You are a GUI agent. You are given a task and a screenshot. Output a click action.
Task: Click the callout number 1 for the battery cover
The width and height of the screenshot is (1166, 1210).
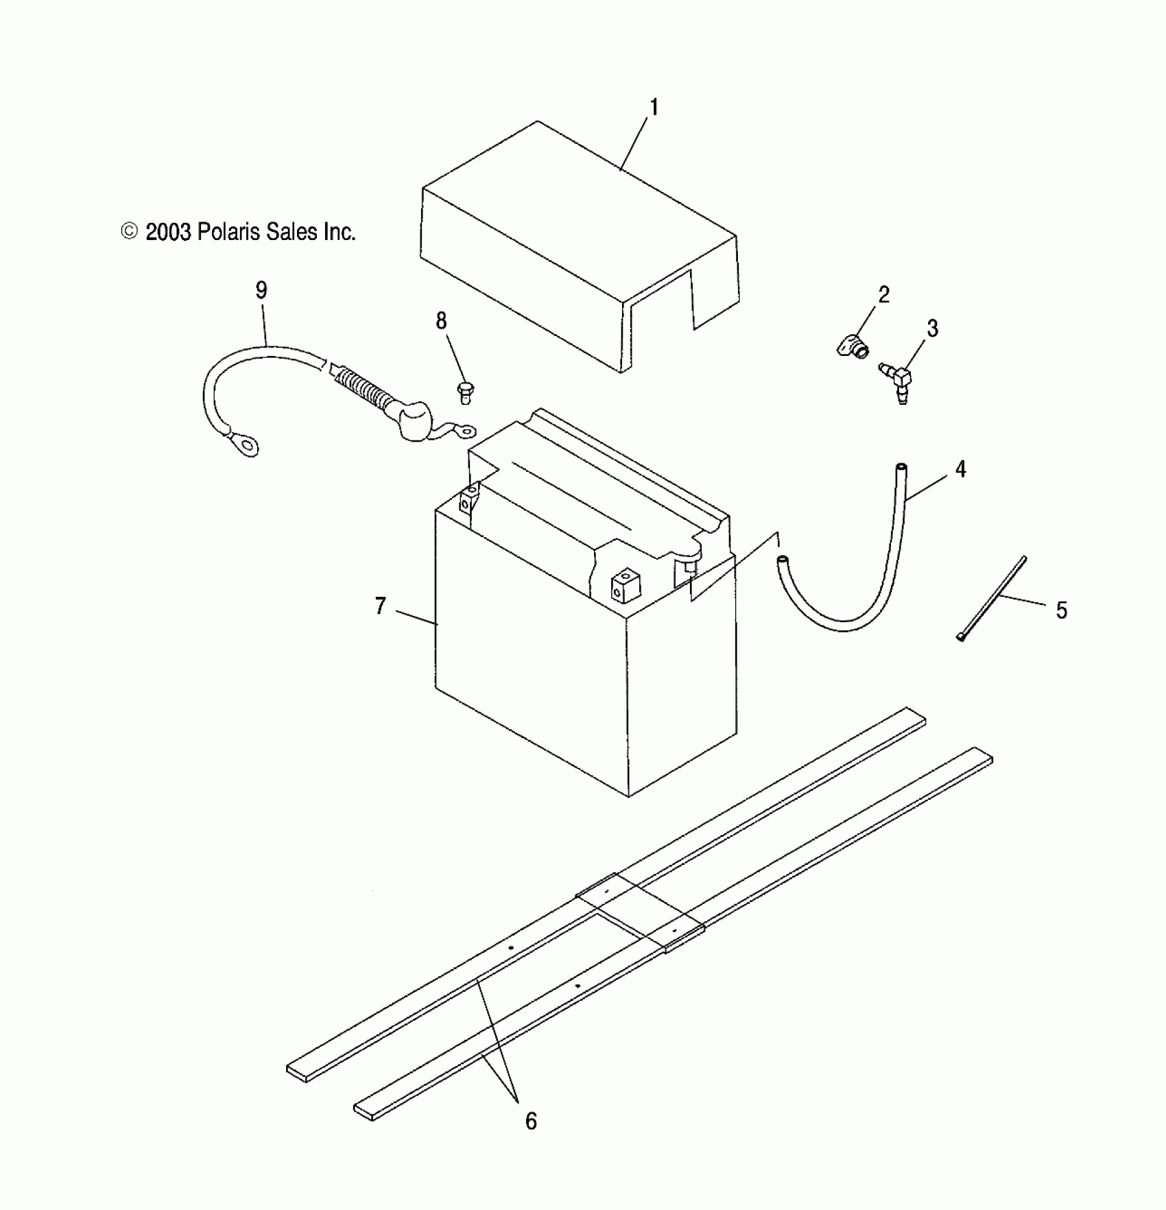654,108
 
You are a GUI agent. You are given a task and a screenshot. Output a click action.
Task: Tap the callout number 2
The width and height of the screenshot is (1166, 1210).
883,294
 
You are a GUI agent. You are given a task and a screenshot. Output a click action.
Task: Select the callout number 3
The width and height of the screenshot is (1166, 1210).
932,329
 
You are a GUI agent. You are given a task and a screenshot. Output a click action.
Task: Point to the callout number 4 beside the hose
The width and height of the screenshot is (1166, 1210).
960,469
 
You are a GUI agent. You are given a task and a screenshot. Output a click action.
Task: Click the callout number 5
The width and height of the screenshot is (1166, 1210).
1061,610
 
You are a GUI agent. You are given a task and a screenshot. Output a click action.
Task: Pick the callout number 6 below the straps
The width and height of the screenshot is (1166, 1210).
531,1121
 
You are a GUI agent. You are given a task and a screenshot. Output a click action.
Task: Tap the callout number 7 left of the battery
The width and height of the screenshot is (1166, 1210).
381,606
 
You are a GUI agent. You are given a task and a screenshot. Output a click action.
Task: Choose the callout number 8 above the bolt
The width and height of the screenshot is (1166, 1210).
441,320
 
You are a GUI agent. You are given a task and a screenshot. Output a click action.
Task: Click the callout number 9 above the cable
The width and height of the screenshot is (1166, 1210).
261,290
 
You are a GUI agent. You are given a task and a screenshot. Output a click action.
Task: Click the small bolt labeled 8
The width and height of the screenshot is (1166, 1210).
464,393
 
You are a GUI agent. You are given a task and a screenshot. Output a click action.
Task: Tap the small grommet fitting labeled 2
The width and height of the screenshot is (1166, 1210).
852,345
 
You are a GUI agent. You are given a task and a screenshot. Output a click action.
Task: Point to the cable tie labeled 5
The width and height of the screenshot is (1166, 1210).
992,599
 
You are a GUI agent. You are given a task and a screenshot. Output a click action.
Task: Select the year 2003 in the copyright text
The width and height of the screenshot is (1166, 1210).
169,233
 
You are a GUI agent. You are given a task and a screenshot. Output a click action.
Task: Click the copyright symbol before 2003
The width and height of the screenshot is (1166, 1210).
129,232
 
